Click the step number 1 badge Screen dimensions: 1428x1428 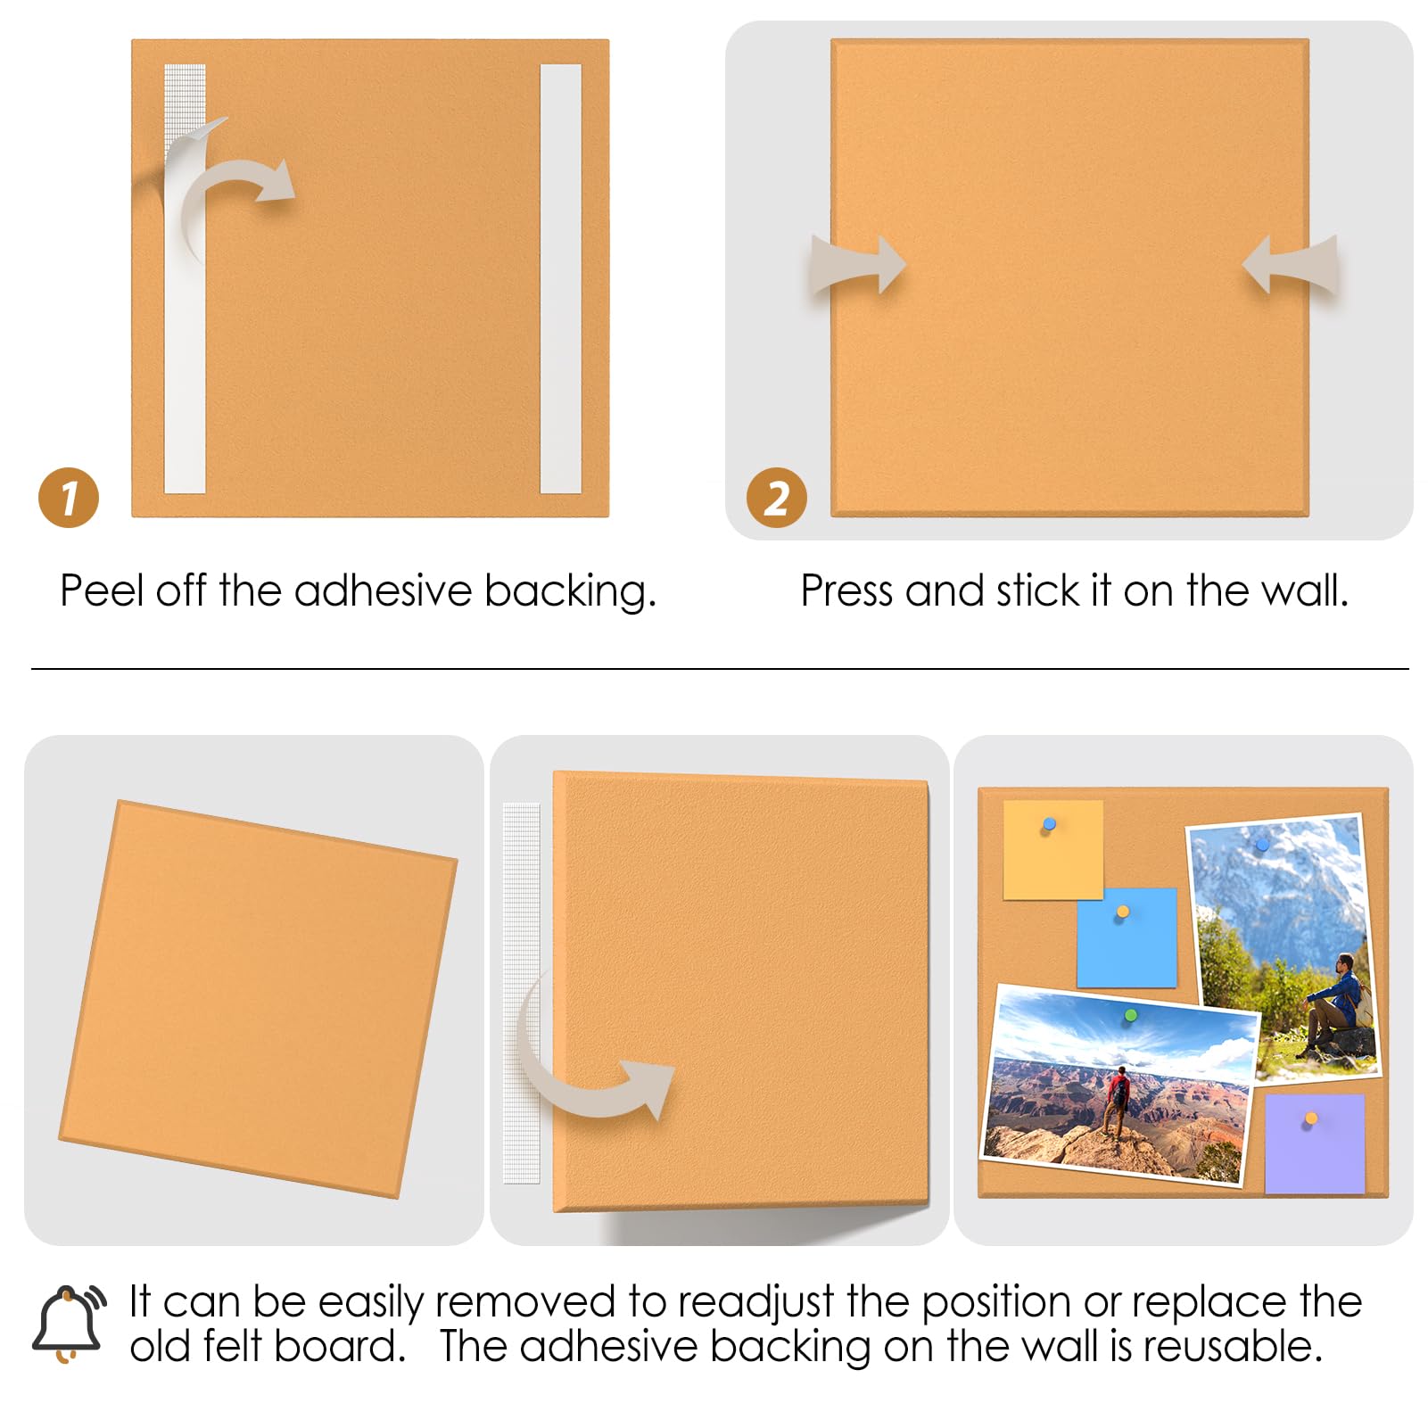[x=69, y=498]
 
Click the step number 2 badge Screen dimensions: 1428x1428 [x=777, y=498]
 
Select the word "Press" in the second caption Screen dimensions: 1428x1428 [x=846, y=590]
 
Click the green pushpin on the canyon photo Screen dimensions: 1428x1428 [x=1130, y=1016]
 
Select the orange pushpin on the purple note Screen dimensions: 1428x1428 [x=1310, y=1118]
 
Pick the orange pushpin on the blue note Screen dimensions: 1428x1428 [x=1123, y=912]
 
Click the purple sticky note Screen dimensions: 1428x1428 [x=1315, y=1143]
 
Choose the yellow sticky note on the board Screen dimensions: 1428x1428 [x=1052, y=849]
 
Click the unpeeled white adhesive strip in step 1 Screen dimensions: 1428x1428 [x=561, y=278]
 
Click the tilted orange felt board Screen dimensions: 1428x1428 [x=258, y=999]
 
